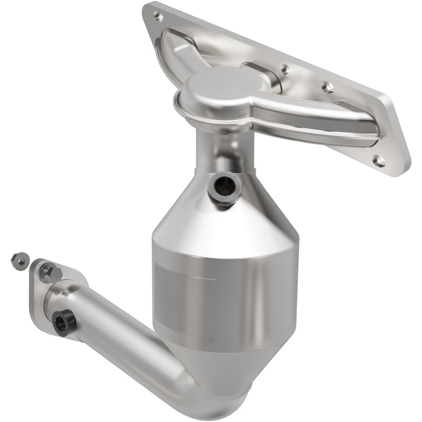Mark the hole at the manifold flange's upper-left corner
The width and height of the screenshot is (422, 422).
pos(159,16)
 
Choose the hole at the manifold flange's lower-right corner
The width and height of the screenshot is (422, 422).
pos(378,160)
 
